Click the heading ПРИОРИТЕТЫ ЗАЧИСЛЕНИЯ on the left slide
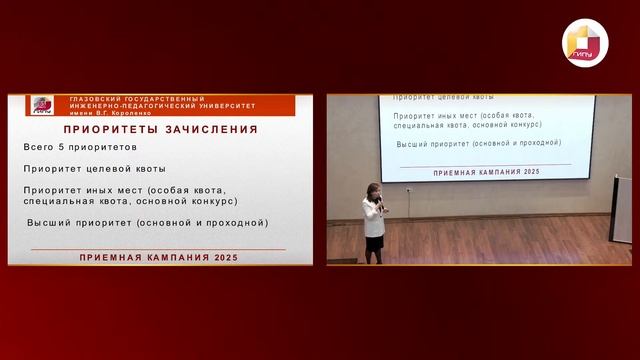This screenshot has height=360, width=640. pyautogui.click(x=160, y=129)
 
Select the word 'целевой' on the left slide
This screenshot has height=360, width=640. pyautogui.click(x=124, y=168)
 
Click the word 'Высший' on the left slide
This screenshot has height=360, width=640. pyautogui.click(x=47, y=222)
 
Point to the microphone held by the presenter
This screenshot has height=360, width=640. pyautogui.click(x=380, y=203)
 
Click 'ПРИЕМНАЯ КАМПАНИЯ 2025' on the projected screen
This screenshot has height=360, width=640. pyautogui.click(x=475, y=172)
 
